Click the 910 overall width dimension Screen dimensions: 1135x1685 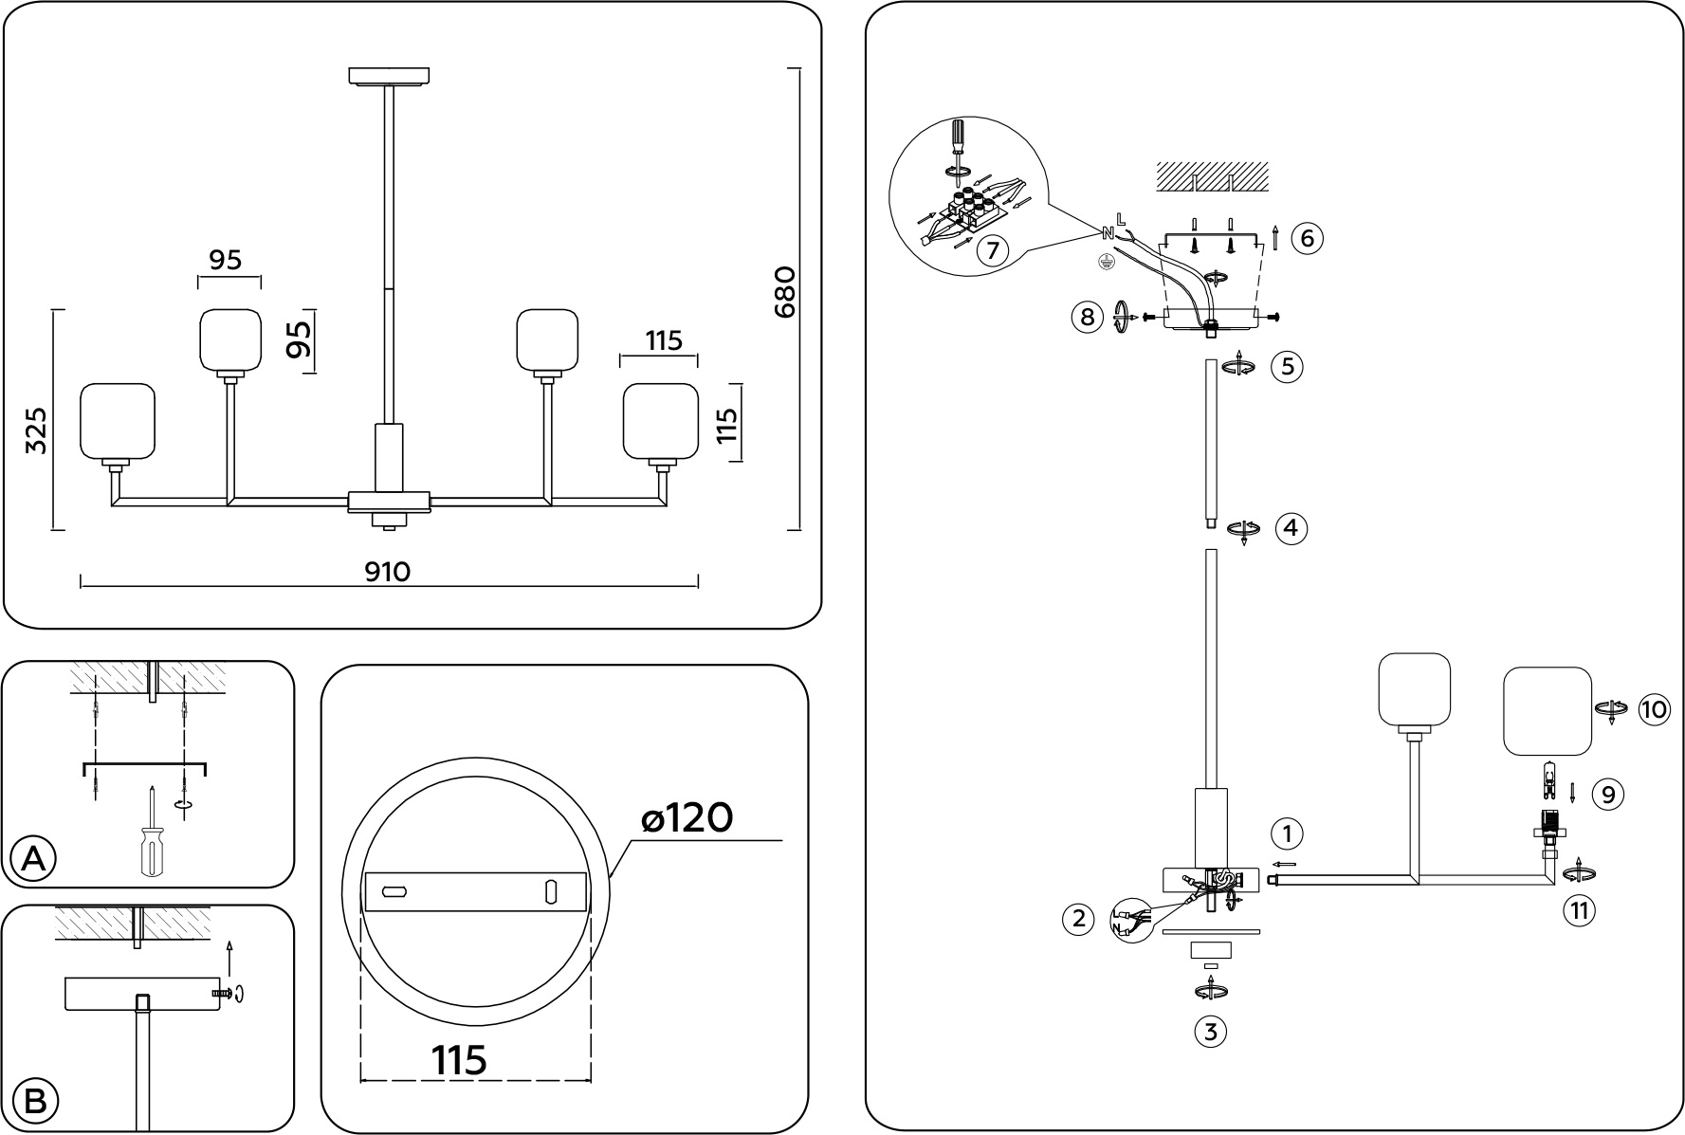point(388,572)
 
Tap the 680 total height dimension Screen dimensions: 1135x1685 point(786,292)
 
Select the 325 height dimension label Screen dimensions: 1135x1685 point(36,430)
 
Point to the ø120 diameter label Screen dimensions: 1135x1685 point(687,817)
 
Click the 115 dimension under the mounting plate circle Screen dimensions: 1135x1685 point(460,1060)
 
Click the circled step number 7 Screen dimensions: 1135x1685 point(992,250)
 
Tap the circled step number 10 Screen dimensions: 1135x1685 point(1654,709)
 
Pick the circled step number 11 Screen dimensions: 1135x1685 point(1579,911)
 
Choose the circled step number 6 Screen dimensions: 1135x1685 point(1308,238)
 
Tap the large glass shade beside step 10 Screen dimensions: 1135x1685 point(1548,711)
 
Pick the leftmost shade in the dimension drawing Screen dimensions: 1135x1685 point(117,420)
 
